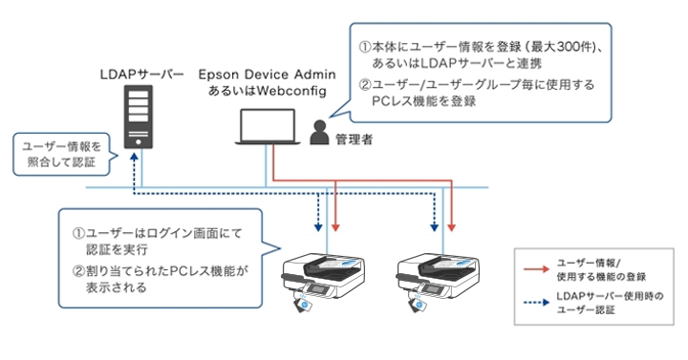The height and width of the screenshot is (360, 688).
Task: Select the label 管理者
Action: pyautogui.click(x=354, y=139)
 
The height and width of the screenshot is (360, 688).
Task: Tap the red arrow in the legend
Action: pyautogui.click(x=535, y=264)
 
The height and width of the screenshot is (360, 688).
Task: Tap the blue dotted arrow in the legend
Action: pyautogui.click(x=535, y=298)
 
